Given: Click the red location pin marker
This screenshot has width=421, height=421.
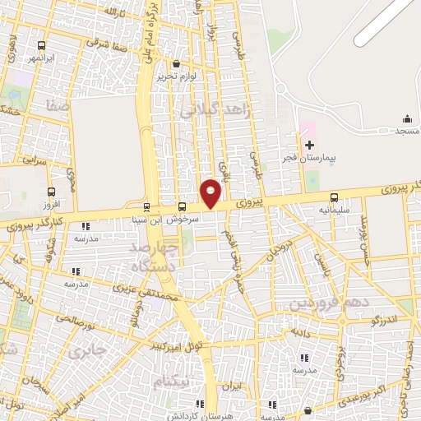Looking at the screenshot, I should click(211, 193).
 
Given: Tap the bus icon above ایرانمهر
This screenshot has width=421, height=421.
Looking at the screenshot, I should click(42, 47).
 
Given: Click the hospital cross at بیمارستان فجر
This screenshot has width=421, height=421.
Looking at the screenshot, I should click(309, 145).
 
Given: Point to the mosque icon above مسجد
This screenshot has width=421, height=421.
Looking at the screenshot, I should click(408, 119).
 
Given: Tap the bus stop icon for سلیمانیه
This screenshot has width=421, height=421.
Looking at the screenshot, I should click(334, 197).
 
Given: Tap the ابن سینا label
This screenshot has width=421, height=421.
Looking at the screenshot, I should click(147, 220).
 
